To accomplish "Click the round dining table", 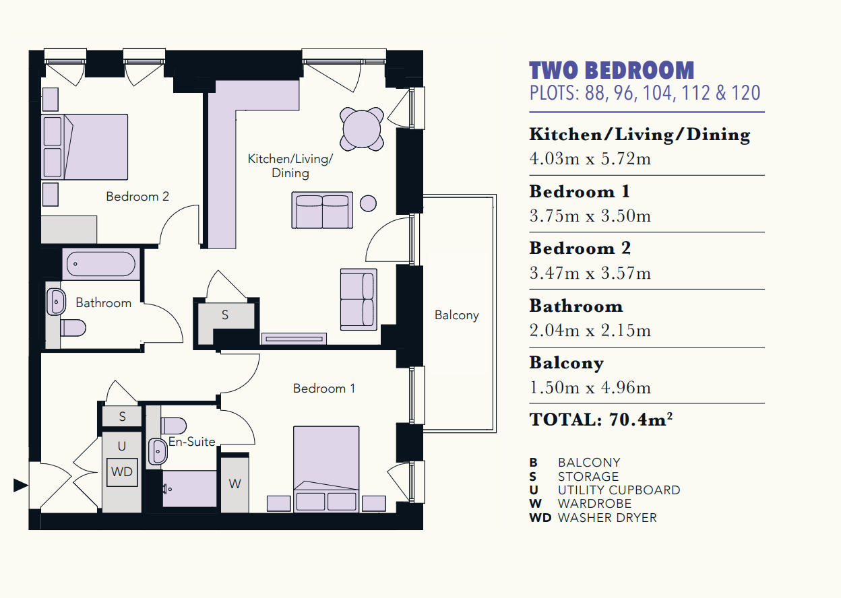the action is (362, 129).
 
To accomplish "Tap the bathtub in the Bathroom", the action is (101, 264).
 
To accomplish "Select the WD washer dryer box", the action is (122, 472).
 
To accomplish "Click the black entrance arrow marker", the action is (21, 485).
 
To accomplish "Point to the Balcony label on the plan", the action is (456, 315).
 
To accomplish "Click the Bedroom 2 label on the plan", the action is (137, 196).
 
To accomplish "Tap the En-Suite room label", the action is (191, 442).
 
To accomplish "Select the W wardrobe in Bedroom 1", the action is (235, 484).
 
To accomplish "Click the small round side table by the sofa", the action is (368, 203).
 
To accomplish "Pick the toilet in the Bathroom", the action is (73, 328).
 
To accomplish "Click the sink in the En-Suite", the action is (158, 451).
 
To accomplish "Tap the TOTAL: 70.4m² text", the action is (600, 420).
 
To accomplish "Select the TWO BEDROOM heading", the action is (612, 71).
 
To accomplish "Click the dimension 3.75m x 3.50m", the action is (590, 215).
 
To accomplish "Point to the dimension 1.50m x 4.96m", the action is (590, 387).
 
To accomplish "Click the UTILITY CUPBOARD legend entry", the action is (619, 490).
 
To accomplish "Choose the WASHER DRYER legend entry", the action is (607, 518).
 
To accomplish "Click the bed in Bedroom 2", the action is (84, 147).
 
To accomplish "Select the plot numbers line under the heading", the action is (645, 93).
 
